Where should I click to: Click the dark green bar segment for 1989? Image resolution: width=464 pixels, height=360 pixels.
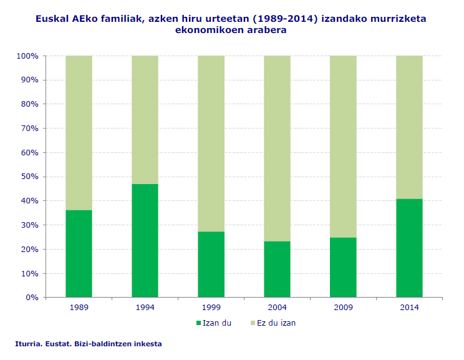pos(79,254)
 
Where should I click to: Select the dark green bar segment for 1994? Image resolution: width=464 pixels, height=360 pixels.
pos(145,241)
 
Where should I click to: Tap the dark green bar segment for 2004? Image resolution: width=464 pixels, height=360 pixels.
pos(277,270)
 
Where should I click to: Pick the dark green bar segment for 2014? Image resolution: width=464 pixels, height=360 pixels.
pos(409,248)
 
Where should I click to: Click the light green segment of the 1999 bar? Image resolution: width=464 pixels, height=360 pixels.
pos(211,144)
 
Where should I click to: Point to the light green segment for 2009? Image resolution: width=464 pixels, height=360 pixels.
pos(343,147)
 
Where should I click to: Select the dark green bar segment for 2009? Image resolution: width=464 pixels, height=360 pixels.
pos(343,268)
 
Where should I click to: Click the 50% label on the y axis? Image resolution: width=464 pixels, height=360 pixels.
pos(29,177)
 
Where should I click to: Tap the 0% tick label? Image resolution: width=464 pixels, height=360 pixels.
pos(32,298)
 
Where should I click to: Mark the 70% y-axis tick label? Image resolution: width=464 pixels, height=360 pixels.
pos(29,129)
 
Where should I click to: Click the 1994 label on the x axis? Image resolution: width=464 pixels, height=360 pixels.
pos(145,308)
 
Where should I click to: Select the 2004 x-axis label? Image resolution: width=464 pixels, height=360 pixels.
pos(277,308)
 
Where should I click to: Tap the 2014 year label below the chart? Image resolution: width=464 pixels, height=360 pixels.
pos(409,308)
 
